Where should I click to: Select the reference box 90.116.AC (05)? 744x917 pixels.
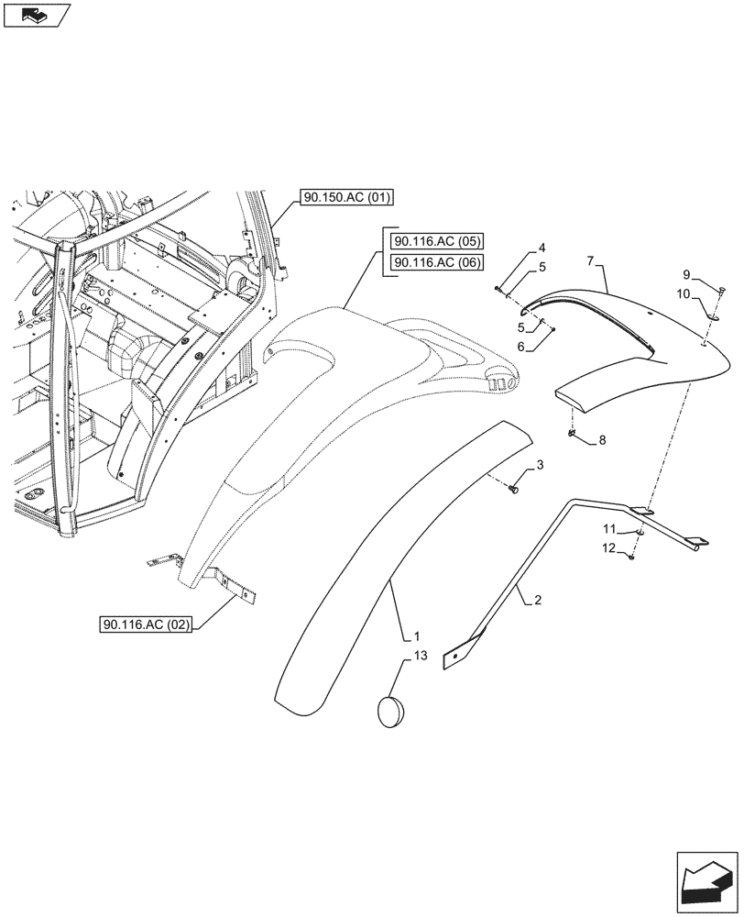pyautogui.click(x=438, y=242)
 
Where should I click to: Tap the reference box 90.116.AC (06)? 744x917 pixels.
pyautogui.click(x=438, y=263)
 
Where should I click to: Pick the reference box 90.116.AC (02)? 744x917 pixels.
pyautogui.click(x=147, y=625)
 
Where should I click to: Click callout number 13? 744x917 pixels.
pyautogui.click(x=420, y=656)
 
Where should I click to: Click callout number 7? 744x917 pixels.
pyautogui.click(x=592, y=262)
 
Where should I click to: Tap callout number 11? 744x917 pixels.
pyautogui.click(x=608, y=529)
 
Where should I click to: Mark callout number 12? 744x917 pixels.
pyautogui.click(x=608, y=548)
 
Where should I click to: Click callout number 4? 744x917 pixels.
pyautogui.click(x=542, y=249)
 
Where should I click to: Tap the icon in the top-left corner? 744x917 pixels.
pyautogui.click(x=37, y=14)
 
